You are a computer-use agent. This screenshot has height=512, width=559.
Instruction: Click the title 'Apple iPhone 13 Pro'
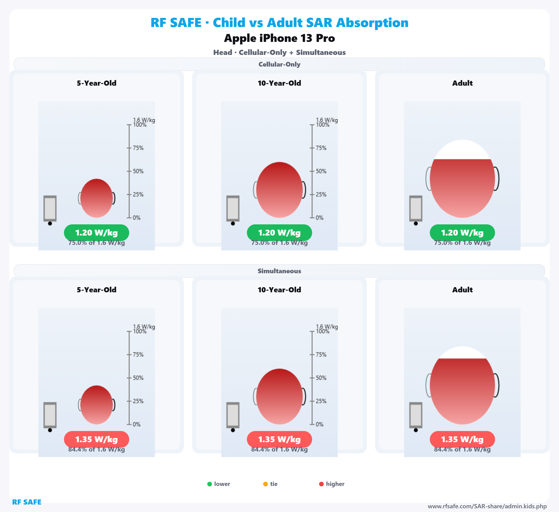(279, 38)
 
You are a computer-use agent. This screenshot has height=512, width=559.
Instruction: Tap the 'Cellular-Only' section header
(279, 64)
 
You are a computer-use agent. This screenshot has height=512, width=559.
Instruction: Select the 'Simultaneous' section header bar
(279, 271)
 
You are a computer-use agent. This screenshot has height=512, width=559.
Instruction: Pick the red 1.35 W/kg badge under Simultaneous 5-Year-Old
(96, 439)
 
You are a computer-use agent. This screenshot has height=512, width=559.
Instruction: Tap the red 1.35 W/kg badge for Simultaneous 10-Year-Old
(279, 439)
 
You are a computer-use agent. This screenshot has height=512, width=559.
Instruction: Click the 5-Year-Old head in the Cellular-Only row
(96, 198)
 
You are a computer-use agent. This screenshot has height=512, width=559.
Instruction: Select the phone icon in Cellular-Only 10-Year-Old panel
(233, 209)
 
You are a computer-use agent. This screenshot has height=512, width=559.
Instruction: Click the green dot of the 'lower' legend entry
(210, 484)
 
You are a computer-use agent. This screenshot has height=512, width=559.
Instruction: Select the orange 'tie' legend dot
(265, 484)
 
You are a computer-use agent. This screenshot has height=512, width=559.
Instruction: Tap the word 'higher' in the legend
(335, 484)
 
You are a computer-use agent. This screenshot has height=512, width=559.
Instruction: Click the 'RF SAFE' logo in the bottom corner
(27, 502)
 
